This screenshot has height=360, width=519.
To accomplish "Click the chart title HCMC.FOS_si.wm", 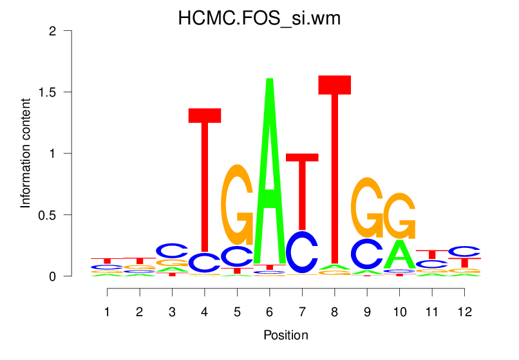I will [259, 19].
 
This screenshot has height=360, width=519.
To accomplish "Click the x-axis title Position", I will [285, 335].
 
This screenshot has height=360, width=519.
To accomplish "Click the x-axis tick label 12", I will [464, 312].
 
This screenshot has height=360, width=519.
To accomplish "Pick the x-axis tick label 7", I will [302, 312].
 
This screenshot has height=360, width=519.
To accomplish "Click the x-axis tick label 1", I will [108, 312].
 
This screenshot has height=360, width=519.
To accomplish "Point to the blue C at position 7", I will [302, 252].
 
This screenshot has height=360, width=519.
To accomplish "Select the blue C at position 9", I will [367, 254].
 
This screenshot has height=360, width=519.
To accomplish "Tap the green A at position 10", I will [400, 254].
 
